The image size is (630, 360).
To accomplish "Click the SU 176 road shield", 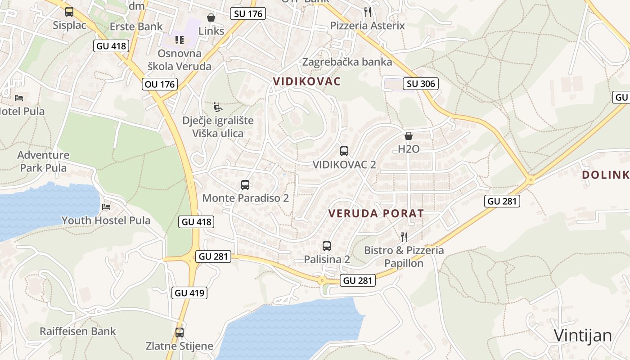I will click(248, 13).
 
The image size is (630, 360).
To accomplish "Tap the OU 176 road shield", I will click(160, 84).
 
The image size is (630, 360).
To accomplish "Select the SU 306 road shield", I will click(420, 83).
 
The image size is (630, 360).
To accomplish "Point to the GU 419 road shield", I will click(190, 293).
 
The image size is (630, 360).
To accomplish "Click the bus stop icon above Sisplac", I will click(69, 12).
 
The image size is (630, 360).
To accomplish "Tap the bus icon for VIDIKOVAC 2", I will click(344, 151).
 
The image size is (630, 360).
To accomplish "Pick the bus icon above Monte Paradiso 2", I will click(245, 184).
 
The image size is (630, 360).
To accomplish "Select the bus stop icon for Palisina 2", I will click(327, 246).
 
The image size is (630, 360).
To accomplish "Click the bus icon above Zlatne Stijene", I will click(180, 333).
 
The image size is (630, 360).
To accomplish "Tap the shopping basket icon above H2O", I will click(409, 135).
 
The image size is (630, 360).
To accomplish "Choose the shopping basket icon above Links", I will click(211, 18).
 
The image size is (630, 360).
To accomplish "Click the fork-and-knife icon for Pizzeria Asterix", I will click(368, 12).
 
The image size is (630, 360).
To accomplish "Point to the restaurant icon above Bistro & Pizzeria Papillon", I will click(404, 237).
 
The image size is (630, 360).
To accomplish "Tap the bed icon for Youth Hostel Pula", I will click(106, 207).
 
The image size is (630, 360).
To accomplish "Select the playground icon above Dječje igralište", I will click(218, 107).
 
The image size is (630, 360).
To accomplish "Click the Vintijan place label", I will click(583, 336).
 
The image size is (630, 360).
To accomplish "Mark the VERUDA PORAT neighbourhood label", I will click(376, 213).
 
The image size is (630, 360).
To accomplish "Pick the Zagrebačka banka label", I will click(347, 62).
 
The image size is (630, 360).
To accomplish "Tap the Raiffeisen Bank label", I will click(78, 332).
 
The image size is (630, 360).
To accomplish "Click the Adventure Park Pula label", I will click(43, 162).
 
